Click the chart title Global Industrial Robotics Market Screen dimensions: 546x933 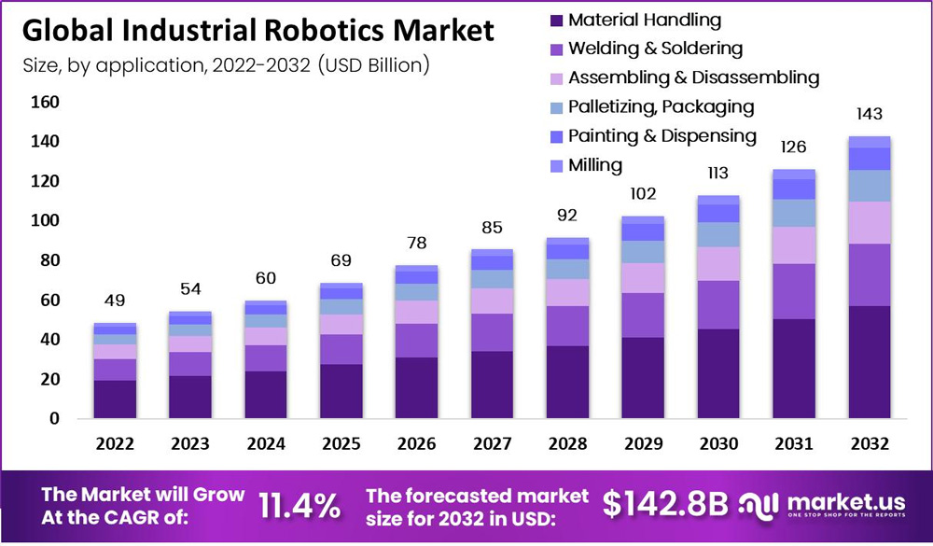pyautogui.click(x=258, y=31)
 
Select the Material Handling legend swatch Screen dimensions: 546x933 pyautogui.click(x=557, y=20)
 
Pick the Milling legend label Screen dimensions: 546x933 pyautogui.click(x=595, y=165)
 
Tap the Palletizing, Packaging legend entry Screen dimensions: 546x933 pyautogui.click(x=661, y=107)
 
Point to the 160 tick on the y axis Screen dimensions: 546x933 pyautogui.click(x=46, y=102)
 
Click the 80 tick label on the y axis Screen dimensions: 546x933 pyautogui.click(x=49, y=260)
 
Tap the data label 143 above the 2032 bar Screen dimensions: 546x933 pyautogui.click(x=870, y=114)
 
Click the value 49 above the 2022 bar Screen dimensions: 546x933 pyautogui.click(x=114, y=301)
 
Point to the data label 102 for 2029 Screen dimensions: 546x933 pyautogui.click(x=643, y=194)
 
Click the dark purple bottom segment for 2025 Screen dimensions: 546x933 pyautogui.click(x=341, y=391)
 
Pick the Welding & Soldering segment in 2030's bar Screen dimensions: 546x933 pyautogui.click(x=718, y=304)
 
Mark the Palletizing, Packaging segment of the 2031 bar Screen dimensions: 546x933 pyautogui.click(x=794, y=213)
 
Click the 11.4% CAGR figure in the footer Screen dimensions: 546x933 pyautogui.click(x=299, y=505)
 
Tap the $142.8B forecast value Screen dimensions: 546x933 pyautogui.click(x=664, y=504)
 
